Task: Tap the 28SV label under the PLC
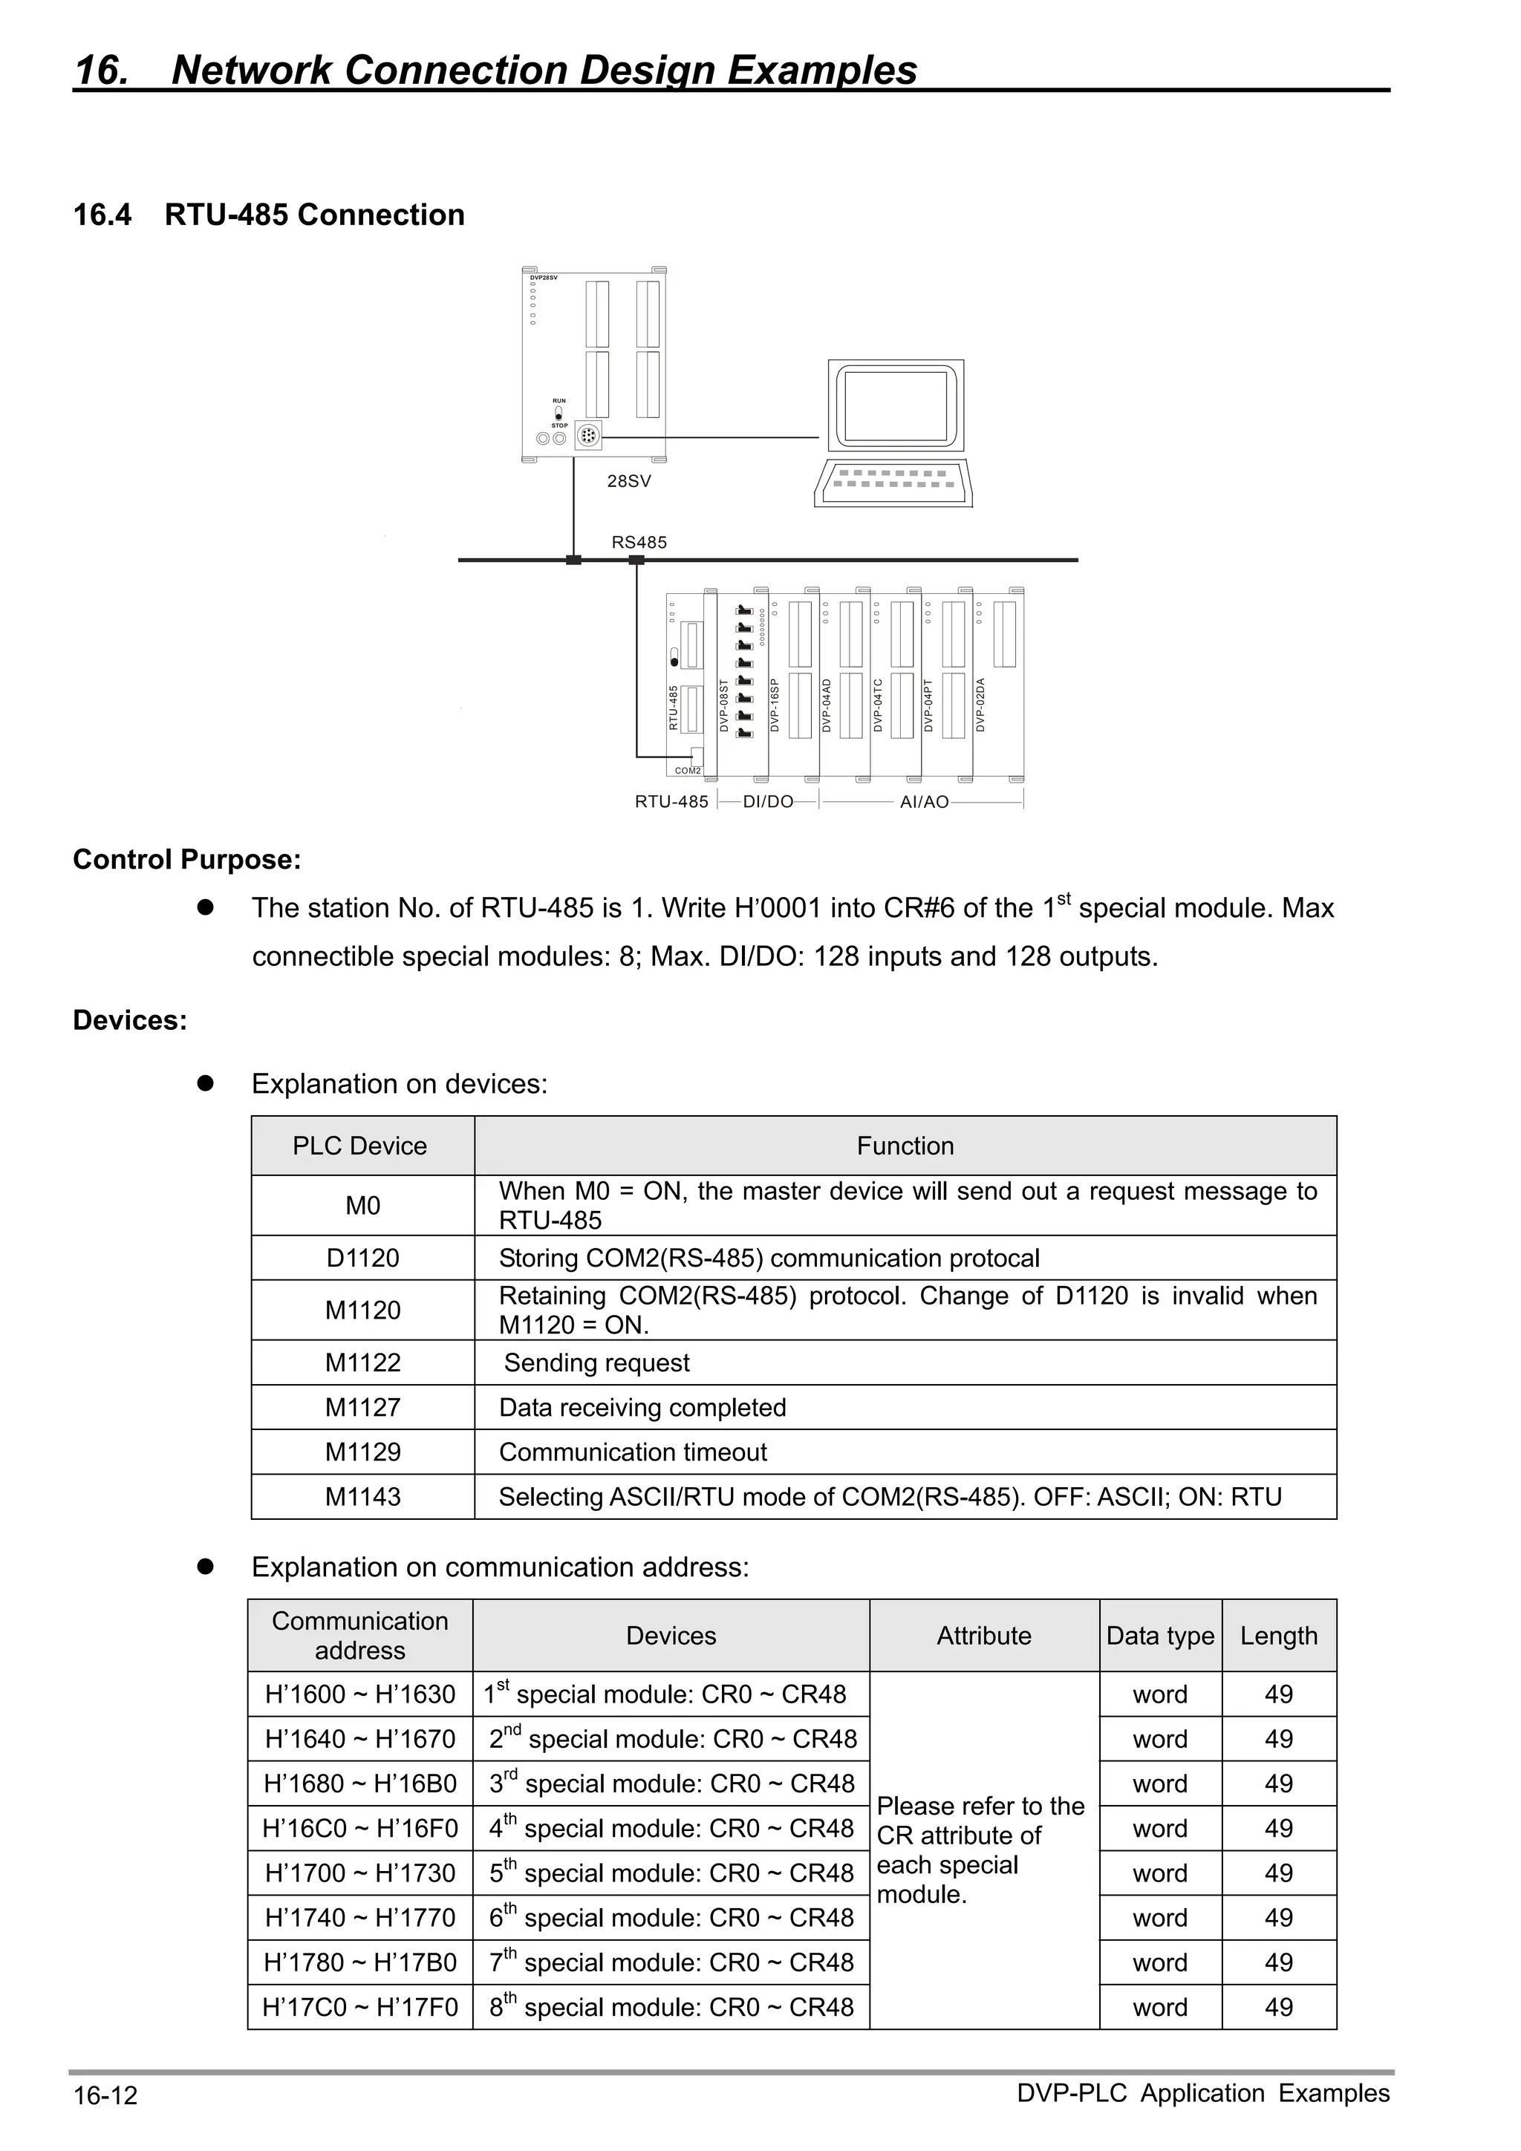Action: point(629,482)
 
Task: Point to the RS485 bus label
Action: point(639,543)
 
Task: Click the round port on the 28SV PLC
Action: point(588,436)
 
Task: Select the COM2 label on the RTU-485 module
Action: point(688,771)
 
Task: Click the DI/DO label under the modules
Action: point(767,802)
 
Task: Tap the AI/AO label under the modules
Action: point(924,802)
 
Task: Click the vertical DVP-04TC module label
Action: point(878,705)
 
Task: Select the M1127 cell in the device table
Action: point(362,1407)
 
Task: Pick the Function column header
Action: point(905,1146)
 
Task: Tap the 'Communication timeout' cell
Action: point(633,1452)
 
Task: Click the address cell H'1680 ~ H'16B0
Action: point(361,1783)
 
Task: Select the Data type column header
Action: point(1160,1636)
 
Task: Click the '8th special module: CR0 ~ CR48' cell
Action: point(671,2007)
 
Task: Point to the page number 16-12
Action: point(105,2095)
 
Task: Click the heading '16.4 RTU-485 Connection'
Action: point(269,215)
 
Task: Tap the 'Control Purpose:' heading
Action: point(187,859)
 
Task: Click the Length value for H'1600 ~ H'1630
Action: point(1278,1694)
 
